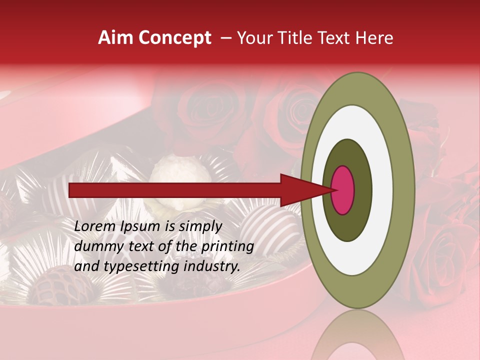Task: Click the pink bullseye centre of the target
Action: [x=343, y=190]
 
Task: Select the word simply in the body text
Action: [x=200, y=227]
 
